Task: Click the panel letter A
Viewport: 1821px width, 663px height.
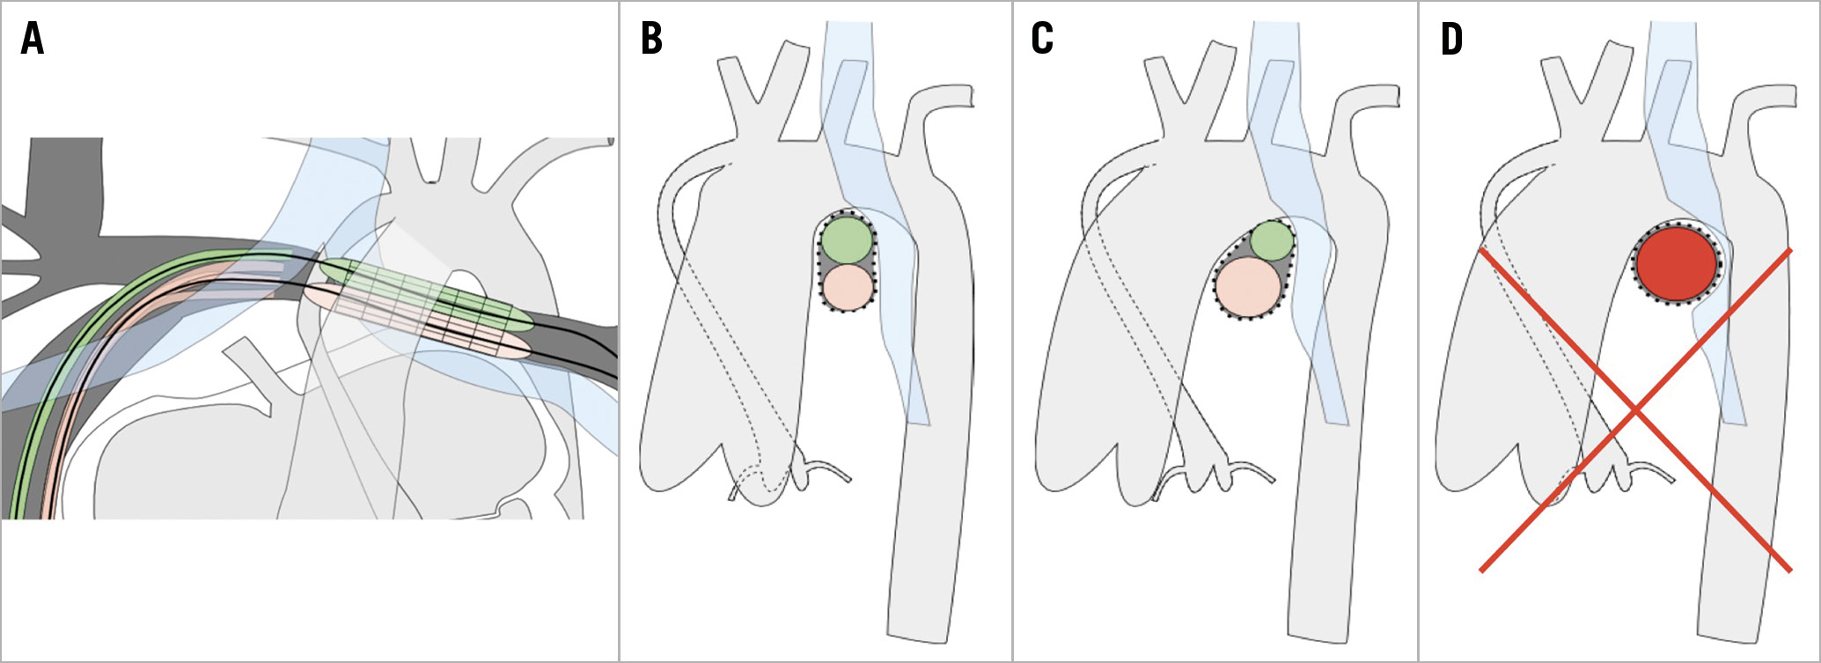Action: tap(32, 40)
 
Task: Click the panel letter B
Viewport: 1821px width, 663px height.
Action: tap(651, 40)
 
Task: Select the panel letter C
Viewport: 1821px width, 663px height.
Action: tap(1042, 40)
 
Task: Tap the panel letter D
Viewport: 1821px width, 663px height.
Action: tap(1452, 40)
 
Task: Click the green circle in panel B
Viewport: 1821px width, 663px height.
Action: tap(848, 239)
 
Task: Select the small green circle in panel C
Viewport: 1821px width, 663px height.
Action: tap(1272, 241)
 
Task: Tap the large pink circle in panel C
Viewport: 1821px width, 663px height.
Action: tap(1247, 287)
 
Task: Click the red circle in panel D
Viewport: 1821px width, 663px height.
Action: tap(1677, 263)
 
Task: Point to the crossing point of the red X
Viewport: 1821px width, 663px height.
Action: tap(1635, 410)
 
